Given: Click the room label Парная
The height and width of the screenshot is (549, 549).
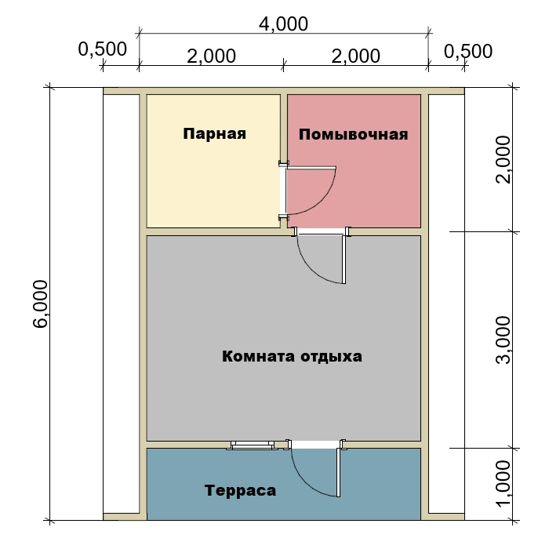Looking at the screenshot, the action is pos(214,134).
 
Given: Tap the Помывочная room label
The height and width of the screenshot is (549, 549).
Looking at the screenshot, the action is pos(353,135).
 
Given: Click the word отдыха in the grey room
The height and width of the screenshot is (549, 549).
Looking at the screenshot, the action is pos(332,357).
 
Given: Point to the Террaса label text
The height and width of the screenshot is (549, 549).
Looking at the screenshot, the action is pos(241,491).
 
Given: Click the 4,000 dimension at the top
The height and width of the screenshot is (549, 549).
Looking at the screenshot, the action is pos(284,24).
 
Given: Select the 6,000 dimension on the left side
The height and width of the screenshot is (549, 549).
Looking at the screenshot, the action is pos(41,304).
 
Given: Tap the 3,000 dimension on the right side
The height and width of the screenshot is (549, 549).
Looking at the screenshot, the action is pos(504,340).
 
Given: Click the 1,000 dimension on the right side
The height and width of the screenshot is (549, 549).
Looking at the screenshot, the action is pos(504,484).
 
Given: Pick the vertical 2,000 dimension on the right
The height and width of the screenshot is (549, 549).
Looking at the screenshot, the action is pos(504,159).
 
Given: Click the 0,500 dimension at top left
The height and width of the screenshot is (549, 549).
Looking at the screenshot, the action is pos(102,49).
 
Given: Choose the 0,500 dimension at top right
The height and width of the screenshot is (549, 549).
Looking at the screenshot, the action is pos(468,52).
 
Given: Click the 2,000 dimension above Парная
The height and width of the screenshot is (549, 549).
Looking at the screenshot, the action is pos(212,56).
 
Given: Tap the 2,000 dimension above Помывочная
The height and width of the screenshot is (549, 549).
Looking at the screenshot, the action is pos(356,56).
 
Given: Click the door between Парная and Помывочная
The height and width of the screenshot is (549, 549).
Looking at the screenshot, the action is pos(307,190).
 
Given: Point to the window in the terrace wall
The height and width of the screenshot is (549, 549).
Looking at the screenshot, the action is pos(252,445).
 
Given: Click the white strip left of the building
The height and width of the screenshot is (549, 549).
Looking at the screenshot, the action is pos(121,304).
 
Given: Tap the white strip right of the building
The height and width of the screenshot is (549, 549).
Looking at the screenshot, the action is pos(446,304).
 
